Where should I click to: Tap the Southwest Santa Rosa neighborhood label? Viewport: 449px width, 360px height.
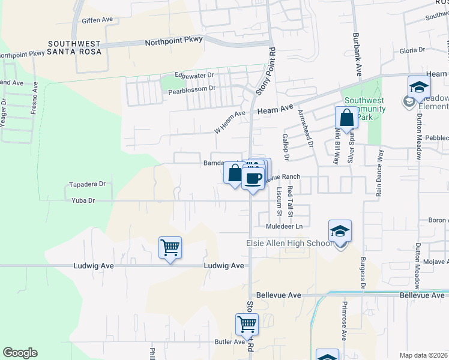(x=75, y=47)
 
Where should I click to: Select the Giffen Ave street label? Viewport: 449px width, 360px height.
(x=98, y=20)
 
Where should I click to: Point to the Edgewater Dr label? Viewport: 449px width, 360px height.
(x=194, y=75)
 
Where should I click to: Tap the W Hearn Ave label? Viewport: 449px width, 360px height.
(x=231, y=114)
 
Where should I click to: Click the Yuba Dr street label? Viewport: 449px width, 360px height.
(x=83, y=200)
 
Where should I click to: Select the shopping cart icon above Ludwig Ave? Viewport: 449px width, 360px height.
(x=170, y=247)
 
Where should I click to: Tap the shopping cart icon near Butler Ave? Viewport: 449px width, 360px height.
(x=247, y=325)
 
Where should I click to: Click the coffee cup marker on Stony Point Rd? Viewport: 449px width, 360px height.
(x=253, y=178)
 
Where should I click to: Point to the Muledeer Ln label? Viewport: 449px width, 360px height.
(x=285, y=226)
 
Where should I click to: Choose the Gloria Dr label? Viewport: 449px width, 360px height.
(x=412, y=51)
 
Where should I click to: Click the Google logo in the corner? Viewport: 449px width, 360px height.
(x=20, y=353)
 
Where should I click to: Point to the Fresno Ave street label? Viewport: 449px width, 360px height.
(x=35, y=96)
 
